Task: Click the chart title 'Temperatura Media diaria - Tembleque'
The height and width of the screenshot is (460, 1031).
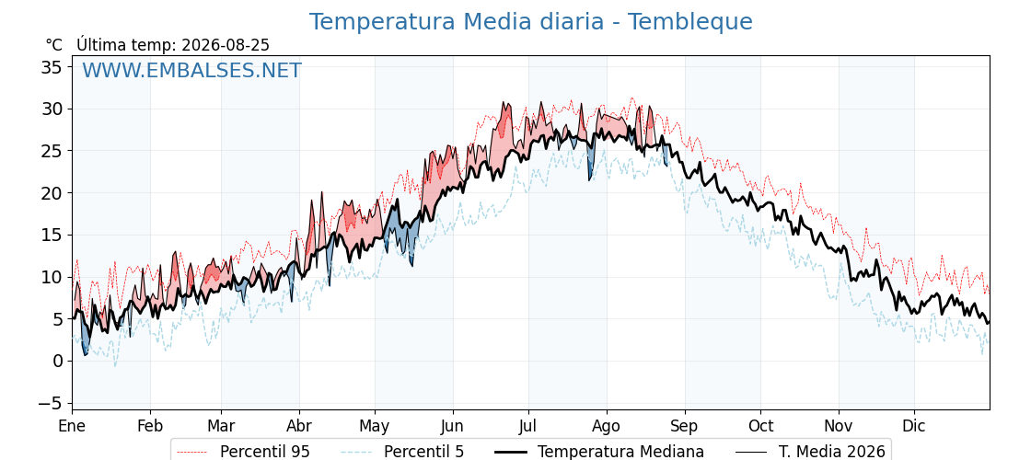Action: click(530, 22)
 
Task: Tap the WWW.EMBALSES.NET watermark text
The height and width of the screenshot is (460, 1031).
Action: click(192, 70)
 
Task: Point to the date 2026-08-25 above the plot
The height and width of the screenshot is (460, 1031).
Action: click(226, 45)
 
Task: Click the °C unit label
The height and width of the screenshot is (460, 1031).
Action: click(54, 45)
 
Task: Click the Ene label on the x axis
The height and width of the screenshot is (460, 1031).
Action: click(73, 426)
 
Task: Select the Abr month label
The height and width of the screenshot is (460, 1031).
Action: click(299, 426)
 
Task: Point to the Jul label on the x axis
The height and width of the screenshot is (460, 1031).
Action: click(528, 426)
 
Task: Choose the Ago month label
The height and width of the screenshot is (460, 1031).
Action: click(607, 427)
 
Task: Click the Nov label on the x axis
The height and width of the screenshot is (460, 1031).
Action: click(839, 426)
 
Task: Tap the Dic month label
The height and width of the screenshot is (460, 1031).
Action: click(914, 426)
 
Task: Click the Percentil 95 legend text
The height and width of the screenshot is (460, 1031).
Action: click(265, 452)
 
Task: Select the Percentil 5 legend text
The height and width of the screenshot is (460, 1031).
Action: click(424, 452)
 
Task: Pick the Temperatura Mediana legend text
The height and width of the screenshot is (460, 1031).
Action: click(620, 452)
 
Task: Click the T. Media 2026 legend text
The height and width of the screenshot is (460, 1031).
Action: click(832, 452)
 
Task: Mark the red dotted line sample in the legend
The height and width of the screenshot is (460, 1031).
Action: click(192, 452)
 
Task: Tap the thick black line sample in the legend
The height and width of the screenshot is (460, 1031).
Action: click(510, 452)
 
